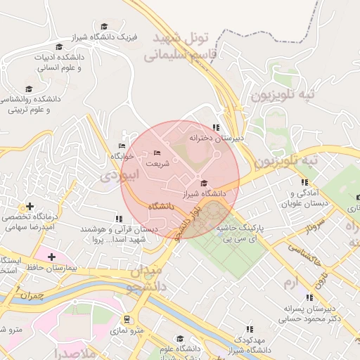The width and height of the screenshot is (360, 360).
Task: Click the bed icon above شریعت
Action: [157, 153]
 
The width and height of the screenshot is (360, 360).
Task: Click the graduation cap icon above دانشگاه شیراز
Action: [204, 183]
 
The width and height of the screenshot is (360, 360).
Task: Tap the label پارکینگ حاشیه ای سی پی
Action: [238, 234]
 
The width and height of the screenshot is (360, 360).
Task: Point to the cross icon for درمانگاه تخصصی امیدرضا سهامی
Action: [29, 207]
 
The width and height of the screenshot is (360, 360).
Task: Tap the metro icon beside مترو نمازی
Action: [127, 319]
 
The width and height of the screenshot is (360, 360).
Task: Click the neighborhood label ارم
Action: [291, 282]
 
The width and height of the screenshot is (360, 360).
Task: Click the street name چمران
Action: [32, 295]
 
